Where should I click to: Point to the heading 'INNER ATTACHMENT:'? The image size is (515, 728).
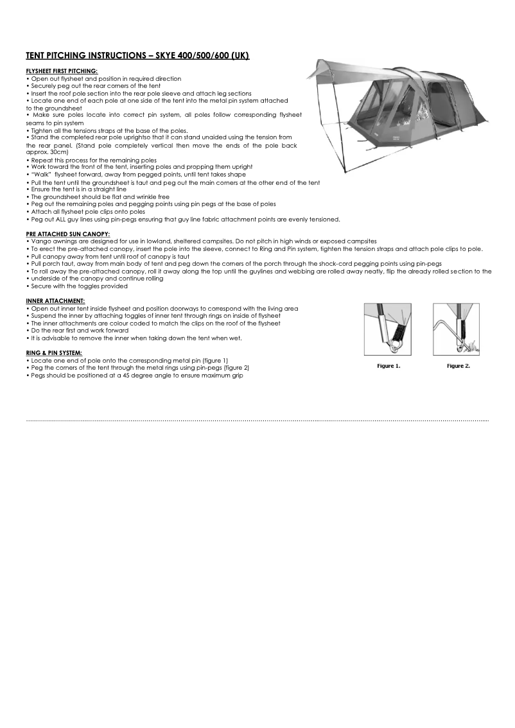pyautogui.click(x=55, y=300)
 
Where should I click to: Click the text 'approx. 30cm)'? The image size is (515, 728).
pyautogui.click(x=47, y=153)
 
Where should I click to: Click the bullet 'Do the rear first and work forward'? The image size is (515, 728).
pyautogui.click(x=79, y=331)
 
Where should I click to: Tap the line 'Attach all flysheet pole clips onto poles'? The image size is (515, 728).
pyautogui.click(x=87, y=211)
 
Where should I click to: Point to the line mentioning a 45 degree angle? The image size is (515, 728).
pyautogui.click(x=136, y=375)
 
